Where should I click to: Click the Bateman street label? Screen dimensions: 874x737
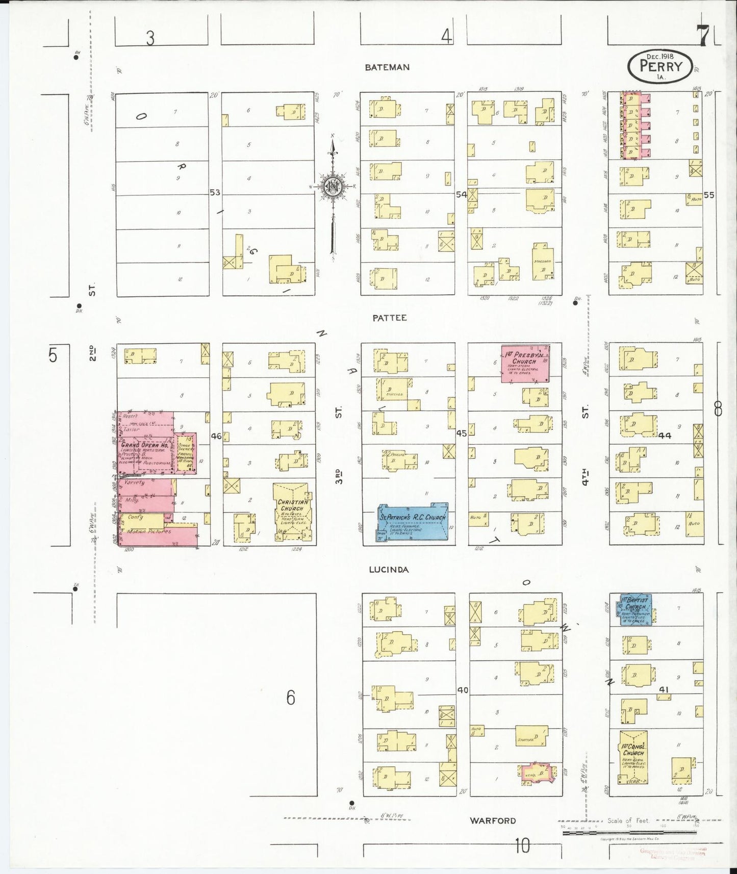point(387,67)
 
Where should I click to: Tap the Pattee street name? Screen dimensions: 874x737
point(389,318)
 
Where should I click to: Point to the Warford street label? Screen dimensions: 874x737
point(493,820)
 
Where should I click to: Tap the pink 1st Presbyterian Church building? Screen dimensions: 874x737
point(525,363)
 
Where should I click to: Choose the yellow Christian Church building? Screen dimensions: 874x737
point(293,511)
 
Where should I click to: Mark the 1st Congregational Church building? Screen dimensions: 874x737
point(633,757)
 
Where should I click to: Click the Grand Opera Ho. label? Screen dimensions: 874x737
point(144,445)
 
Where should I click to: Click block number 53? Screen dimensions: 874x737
point(215,192)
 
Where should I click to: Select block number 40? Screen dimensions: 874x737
point(462,690)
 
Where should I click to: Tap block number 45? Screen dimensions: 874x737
point(461,433)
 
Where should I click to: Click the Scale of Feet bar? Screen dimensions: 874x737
point(629,833)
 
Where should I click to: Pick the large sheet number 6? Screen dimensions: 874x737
point(290,697)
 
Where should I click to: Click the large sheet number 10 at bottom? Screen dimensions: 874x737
point(522,846)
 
